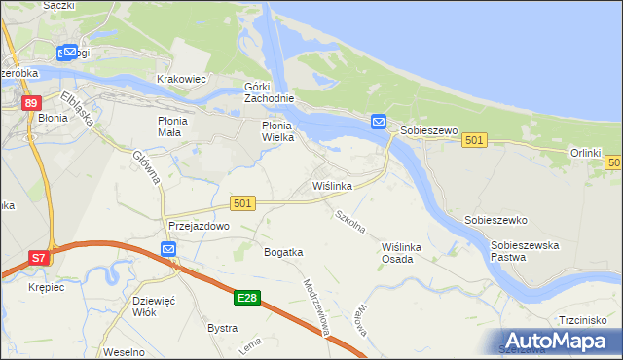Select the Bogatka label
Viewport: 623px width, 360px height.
click(283, 252)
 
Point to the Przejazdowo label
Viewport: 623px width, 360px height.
click(198, 226)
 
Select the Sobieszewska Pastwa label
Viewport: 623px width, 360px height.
click(524, 251)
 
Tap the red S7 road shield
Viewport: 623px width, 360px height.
click(38, 258)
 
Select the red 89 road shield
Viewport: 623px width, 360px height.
click(32, 103)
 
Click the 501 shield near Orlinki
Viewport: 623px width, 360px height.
click(474, 141)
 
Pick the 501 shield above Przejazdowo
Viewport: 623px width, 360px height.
click(243, 202)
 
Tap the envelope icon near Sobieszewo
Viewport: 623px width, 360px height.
click(378, 123)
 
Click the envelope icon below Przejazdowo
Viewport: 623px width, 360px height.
click(168, 250)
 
